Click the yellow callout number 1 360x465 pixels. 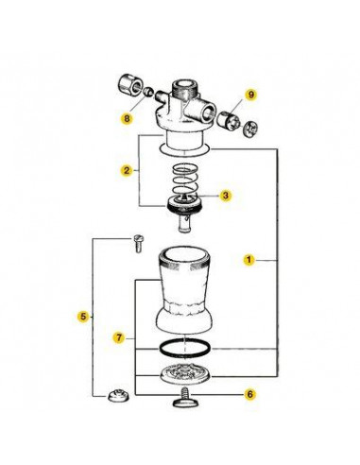(x=249, y=260)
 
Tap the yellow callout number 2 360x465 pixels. (x=127, y=170)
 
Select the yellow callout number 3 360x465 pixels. (x=226, y=196)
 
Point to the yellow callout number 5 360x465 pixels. (x=83, y=317)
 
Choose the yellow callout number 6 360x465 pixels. (x=249, y=394)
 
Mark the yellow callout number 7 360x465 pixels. (x=119, y=338)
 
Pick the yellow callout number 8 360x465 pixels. (x=127, y=119)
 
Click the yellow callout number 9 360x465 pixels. (x=251, y=95)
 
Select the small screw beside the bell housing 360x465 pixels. (x=137, y=244)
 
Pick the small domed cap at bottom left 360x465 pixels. (x=118, y=396)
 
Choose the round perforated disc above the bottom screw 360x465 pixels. (x=185, y=374)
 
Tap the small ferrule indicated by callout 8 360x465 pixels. (x=148, y=92)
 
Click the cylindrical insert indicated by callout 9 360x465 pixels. (x=229, y=120)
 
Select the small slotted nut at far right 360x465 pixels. (x=251, y=129)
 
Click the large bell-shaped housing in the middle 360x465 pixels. (x=184, y=291)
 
